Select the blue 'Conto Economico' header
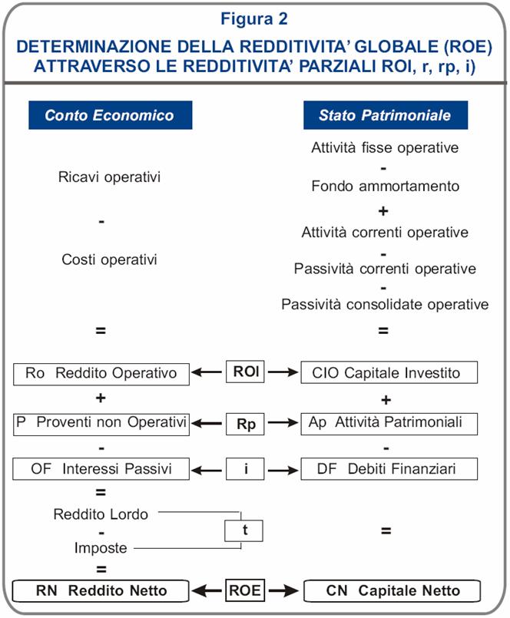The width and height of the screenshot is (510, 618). coord(109,116)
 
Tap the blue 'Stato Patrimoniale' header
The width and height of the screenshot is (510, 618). coord(384,116)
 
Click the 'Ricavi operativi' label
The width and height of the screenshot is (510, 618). coord(109,177)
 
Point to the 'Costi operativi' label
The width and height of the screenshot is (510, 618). coord(109,259)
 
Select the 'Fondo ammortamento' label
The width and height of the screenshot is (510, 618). coord(384,187)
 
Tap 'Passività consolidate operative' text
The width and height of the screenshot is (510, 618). coord(384,305)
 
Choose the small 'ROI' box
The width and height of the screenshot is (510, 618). coord(246,373)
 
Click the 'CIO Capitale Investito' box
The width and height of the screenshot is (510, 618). coord(389,374)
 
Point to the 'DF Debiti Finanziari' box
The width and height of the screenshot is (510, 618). coord(389,468)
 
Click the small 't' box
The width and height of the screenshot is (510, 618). coord(243,530)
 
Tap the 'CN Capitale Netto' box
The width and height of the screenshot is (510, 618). coord(392,590)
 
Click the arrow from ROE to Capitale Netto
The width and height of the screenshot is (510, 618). coord(283,590)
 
